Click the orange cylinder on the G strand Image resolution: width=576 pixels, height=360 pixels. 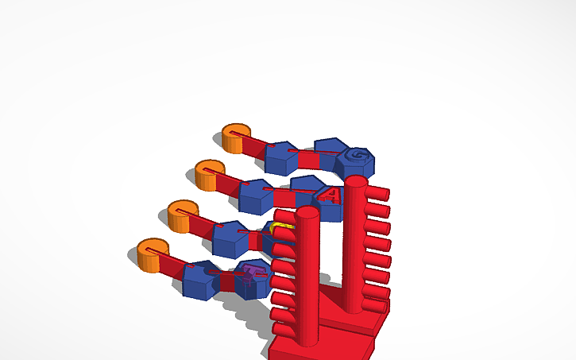click(x=235, y=137)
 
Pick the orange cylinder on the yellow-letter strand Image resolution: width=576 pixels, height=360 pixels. click(x=180, y=215)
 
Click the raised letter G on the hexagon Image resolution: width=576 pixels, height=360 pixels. click(x=358, y=155)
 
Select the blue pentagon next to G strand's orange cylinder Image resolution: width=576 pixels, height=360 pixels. click(x=280, y=157)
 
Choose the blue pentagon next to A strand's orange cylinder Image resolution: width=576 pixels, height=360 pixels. click(x=255, y=195)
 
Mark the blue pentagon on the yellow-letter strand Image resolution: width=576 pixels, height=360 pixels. click(x=230, y=238)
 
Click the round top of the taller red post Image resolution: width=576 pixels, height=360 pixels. click(x=355, y=182)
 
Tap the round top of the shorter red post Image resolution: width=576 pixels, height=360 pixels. click(x=307, y=212)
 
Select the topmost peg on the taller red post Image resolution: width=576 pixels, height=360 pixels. click(x=377, y=193)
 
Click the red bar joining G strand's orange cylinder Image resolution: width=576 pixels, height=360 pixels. click(x=257, y=145)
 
